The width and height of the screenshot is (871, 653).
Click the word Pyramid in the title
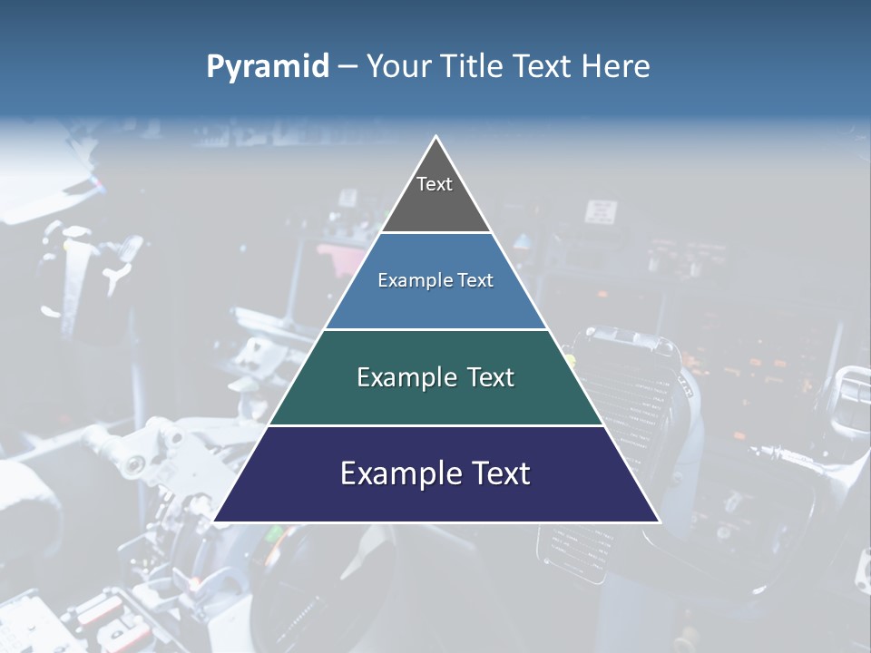[x=268, y=67]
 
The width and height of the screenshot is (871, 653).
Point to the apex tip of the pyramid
[x=436, y=138]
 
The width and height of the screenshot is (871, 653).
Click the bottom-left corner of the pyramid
[x=216, y=521]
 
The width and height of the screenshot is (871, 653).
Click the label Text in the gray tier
[x=434, y=184]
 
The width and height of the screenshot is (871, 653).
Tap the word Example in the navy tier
[x=396, y=473]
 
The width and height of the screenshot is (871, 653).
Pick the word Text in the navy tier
[x=497, y=473]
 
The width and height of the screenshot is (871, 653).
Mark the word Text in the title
[x=543, y=67]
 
